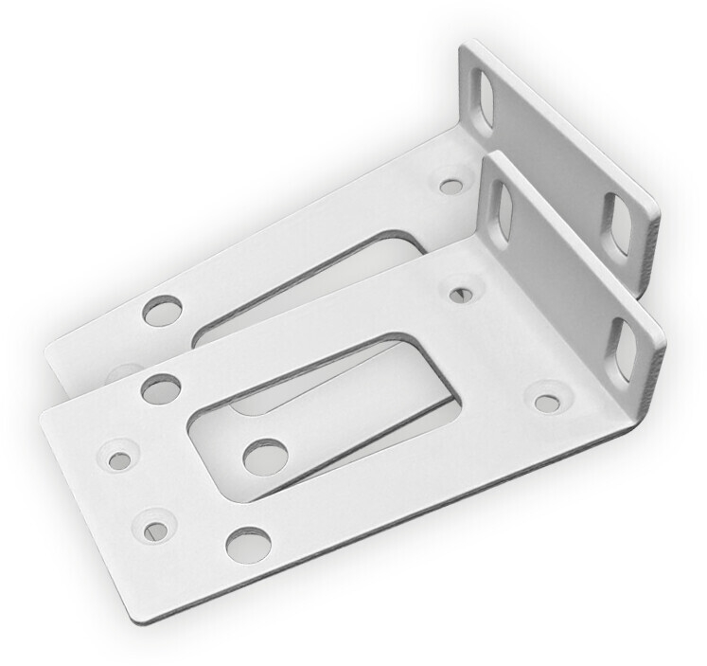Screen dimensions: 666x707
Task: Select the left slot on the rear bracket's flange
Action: tap(483, 100)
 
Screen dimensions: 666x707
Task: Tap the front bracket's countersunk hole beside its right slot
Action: tap(547, 402)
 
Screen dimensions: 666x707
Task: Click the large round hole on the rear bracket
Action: tap(162, 310)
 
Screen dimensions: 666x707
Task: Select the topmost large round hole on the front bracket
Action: tap(160, 388)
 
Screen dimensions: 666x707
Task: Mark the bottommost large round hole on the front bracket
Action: tap(248, 542)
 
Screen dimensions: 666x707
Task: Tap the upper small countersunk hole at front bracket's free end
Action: tap(120, 460)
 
